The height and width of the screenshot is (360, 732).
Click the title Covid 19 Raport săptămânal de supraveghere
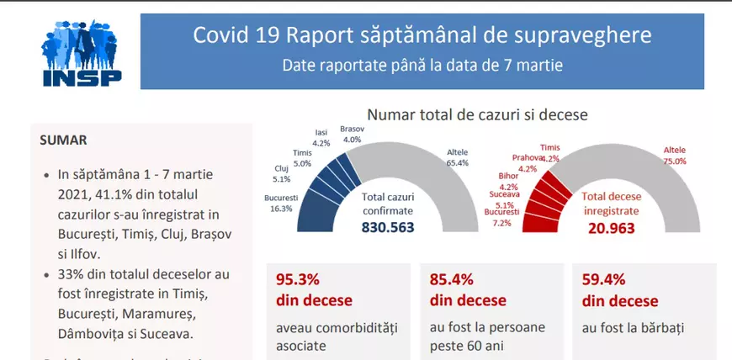tap(422, 35)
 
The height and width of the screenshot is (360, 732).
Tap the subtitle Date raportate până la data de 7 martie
tap(422, 64)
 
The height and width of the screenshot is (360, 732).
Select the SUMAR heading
tap(63, 140)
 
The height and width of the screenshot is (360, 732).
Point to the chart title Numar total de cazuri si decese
tap(477, 114)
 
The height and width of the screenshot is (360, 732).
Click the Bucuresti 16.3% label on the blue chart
tap(281, 204)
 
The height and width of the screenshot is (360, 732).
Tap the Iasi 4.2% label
tap(321, 138)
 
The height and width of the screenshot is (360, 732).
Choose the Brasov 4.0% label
tap(352, 134)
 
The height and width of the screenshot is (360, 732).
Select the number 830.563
tap(389, 227)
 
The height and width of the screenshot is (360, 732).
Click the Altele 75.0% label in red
tap(674, 156)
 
